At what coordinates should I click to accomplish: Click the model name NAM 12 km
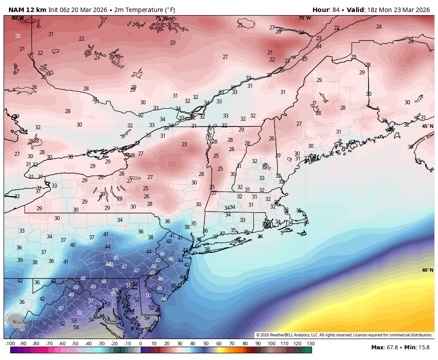[27, 9]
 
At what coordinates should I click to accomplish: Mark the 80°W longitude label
[17, 18]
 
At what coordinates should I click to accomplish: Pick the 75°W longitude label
[162, 18]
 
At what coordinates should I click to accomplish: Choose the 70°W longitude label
[305, 18]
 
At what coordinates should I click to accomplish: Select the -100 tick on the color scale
[10, 344]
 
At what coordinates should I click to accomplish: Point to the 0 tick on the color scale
[141, 344]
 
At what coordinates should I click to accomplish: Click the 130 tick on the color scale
[310, 344]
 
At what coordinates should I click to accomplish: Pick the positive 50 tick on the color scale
[206, 344]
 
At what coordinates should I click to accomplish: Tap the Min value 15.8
[425, 347]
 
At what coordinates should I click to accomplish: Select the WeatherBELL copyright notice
[344, 335]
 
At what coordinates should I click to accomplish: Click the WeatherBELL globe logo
[14, 320]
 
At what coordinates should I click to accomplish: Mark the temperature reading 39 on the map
[20, 260]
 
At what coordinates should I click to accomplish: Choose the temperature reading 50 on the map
[148, 295]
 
